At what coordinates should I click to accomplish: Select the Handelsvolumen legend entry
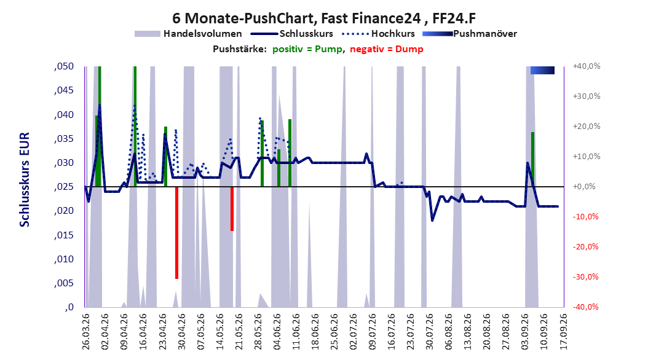[x=188, y=34]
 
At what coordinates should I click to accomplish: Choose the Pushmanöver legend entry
[x=470, y=34]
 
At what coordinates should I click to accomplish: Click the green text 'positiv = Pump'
[x=307, y=49]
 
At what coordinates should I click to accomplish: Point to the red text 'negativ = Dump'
[x=387, y=49]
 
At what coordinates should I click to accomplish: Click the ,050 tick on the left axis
[x=64, y=66]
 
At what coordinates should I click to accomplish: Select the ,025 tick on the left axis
[x=64, y=187]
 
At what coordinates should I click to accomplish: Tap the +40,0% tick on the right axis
[x=587, y=66]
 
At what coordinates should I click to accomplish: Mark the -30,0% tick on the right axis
[x=585, y=276]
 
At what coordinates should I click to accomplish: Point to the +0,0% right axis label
[x=584, y=187]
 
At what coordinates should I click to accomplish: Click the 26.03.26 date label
[x=86, y=332]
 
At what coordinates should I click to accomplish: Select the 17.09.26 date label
[x=563, y=332]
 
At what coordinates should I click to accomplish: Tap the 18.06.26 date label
[x=315, y=332]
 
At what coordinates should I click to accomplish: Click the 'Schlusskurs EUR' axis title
[x=25, y=179]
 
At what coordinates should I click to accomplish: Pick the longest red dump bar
[x=176, y=233]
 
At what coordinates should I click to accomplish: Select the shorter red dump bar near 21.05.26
[x=232, y=209]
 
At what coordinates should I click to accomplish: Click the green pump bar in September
[x=532, y=159]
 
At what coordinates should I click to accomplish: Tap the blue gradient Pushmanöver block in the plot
[x=542, y=70]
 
